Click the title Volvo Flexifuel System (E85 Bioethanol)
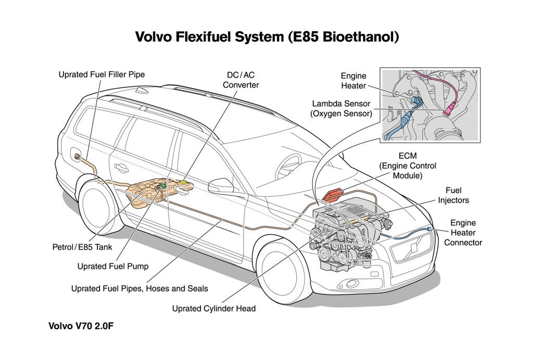pyautogui.click(x=266, y=37)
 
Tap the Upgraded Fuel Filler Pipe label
pyautogui.click(x=101, y=75)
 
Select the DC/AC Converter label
pyautogui.click(x=240, y=80)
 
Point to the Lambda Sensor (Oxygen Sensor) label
pyautogui.click(x=341, y=108)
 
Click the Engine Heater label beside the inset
pyautogui.click(x=353, y=81)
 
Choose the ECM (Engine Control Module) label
pyautogui.click(x=408, y=166)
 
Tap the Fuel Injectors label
pyautogui.click(x=453, y=195)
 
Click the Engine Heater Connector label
pyautogui.click(x=463, y=232)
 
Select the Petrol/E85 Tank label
pyautogui.click(x=82, y=247)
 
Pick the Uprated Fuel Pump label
pyautogui.click(x=113, y=266)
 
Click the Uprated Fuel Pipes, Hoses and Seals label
pyautogui.click(x=139, y=288)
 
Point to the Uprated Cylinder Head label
pyautogui.click(x=214, y=308)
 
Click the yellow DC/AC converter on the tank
pyautogui.click(x=184, y=183)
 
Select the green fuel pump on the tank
pyautogui.click(x=163, y=185)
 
